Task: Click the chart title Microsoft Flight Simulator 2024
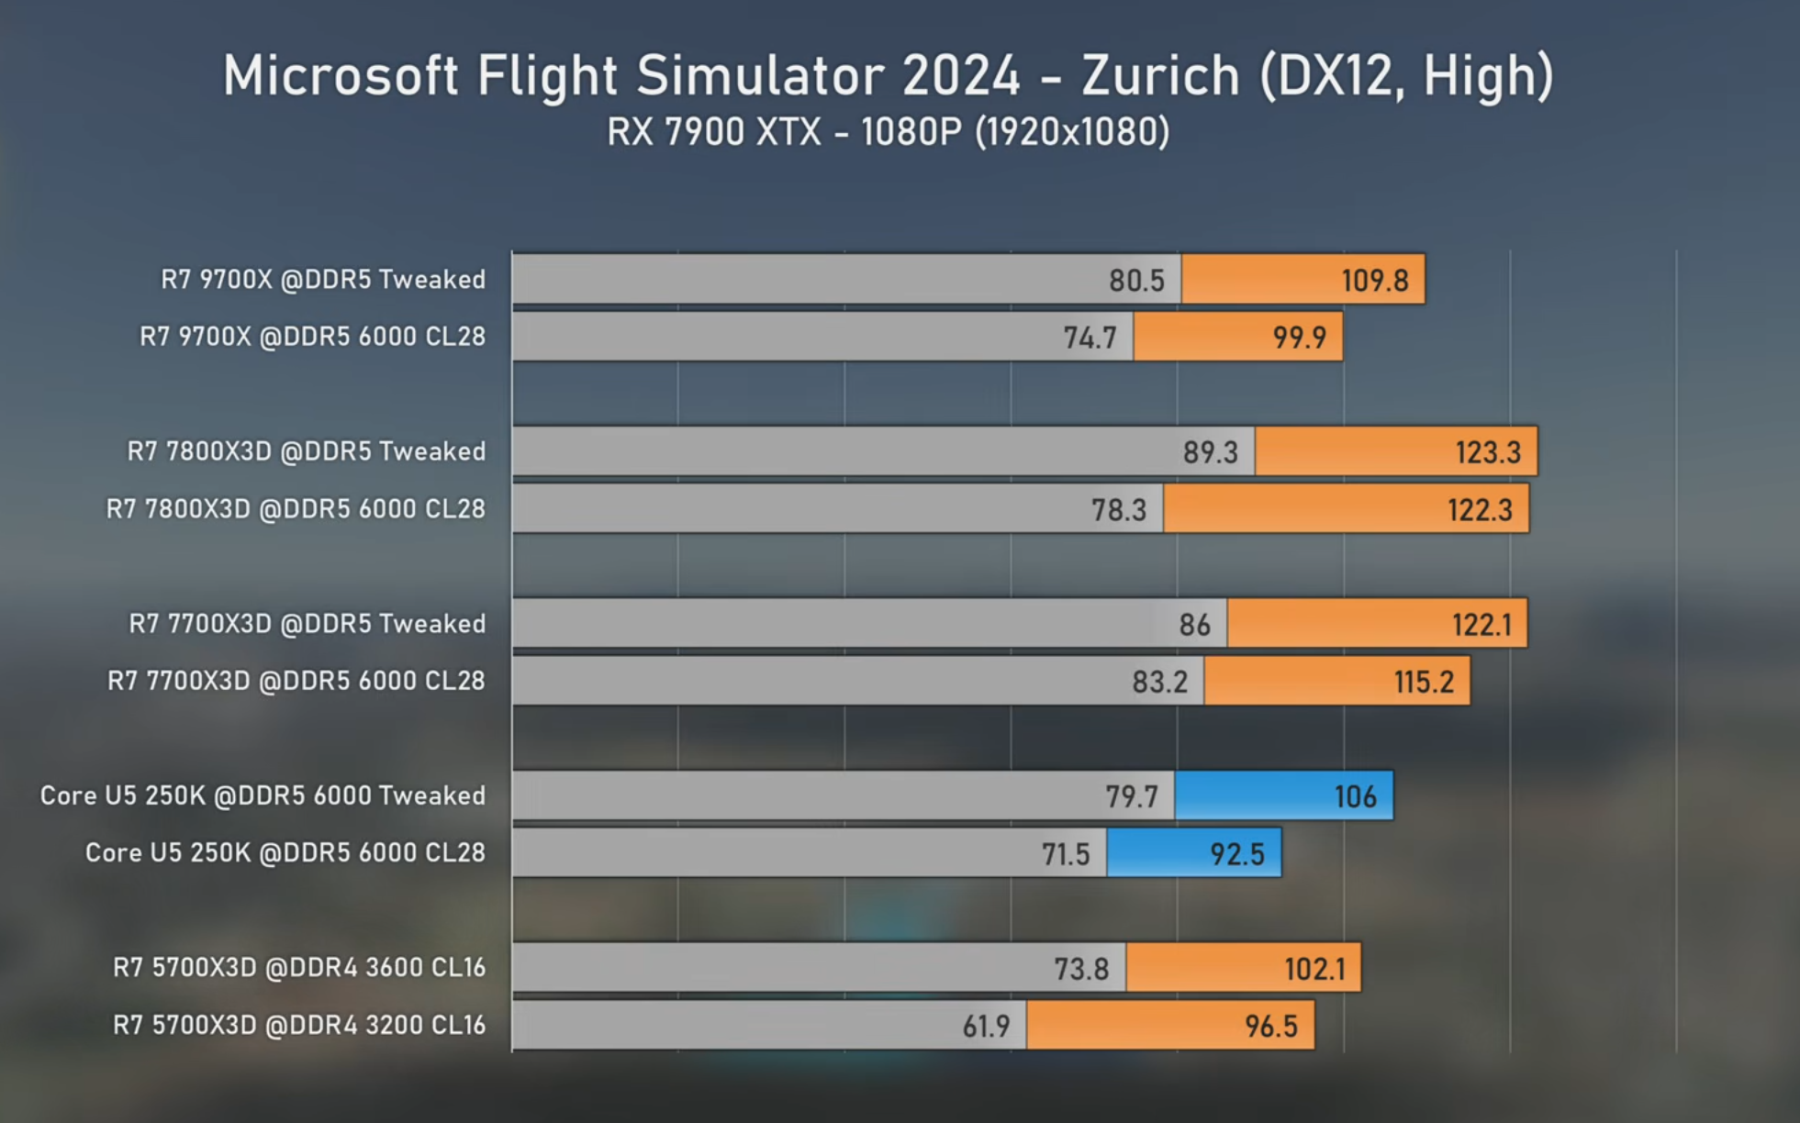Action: [x=621, y=76]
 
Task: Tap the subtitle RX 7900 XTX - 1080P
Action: [x=785, y=132]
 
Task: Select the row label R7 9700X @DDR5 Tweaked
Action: [x=323, y=279]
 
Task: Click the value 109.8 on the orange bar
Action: [x=1374, y=280]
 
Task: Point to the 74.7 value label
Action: [x=1090, y=338]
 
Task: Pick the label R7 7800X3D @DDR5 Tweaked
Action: [x=307, y=451]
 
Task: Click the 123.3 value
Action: [x=1488, y=452]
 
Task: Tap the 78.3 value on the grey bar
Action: [x=1119, y=509]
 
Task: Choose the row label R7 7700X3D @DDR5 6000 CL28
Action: [x=296, y=681]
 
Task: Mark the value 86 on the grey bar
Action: [x=1194, y=625]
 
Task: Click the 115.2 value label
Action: [x=1424, y=682]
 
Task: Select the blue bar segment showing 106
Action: [x=1283, y=795]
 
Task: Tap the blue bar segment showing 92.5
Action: [x=1193, y=853]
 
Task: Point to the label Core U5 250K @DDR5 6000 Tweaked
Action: [x=263, y=795]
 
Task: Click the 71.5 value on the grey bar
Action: [x=1065, y=854]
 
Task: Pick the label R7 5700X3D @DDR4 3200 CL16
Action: [x=299, y=1025]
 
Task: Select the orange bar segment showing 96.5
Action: [x=1170, y=1025]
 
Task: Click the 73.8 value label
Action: [x=1081, y=969]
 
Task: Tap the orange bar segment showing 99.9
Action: [x=1237, y=337]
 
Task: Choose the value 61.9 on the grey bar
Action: [x=986, y=1026]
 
